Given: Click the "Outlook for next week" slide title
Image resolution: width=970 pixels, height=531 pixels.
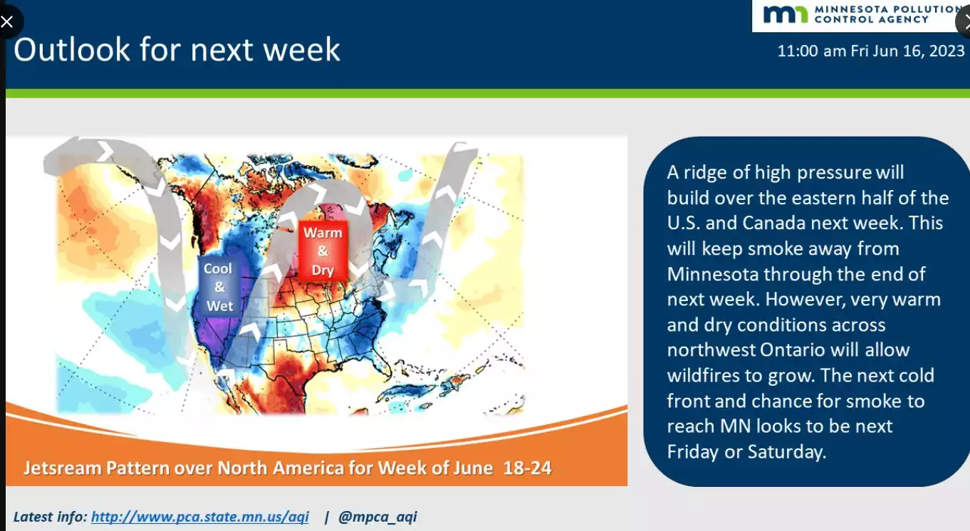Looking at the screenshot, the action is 177,50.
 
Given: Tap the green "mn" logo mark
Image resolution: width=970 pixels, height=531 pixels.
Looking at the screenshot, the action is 785,14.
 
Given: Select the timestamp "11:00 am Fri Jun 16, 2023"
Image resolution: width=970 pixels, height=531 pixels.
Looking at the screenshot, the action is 871,51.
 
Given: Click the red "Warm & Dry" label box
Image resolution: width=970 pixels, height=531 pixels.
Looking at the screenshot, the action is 323,251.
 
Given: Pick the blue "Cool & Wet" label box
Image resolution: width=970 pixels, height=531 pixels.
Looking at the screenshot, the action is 219,287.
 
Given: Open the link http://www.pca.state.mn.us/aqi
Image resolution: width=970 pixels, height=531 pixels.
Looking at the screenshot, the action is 200,516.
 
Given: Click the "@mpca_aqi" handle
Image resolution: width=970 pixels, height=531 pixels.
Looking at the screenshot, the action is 377,516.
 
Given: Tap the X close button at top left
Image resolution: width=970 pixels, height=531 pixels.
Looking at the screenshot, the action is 7,21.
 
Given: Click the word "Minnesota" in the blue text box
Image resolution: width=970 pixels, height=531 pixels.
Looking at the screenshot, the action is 713,274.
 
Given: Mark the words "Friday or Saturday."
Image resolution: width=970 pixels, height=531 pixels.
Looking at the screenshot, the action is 746,452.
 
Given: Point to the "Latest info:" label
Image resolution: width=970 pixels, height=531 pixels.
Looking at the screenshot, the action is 51,516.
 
